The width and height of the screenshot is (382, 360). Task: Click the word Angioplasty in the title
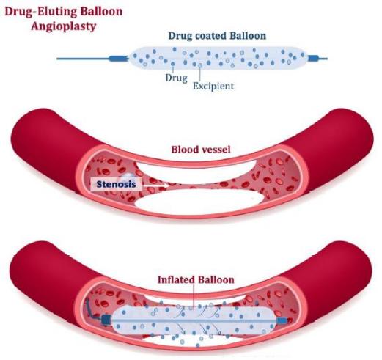(x=64, y=26)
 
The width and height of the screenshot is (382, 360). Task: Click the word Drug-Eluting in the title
(x=39, y=12)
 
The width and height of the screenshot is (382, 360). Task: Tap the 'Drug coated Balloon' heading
(x=217, y=36)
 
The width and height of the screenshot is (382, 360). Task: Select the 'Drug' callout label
(x=176, y=78)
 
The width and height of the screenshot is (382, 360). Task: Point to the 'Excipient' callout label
(x=213, y=86)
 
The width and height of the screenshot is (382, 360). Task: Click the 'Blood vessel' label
(x=201, y=150)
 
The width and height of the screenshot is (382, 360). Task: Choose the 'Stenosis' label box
(x=117, y=184)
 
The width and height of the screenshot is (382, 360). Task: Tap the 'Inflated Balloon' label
(x=196, y=279)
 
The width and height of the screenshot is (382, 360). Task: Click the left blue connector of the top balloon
(x=119, y=59)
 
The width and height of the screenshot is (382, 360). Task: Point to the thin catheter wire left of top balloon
(x=83, y=59)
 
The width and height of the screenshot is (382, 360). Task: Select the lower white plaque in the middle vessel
(x=199, y=200)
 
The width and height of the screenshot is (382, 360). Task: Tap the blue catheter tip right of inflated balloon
(x=282, y=320)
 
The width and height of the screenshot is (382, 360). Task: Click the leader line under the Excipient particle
(x=200, y=74)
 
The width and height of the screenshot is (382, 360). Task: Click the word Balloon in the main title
(x=100, y=12)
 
